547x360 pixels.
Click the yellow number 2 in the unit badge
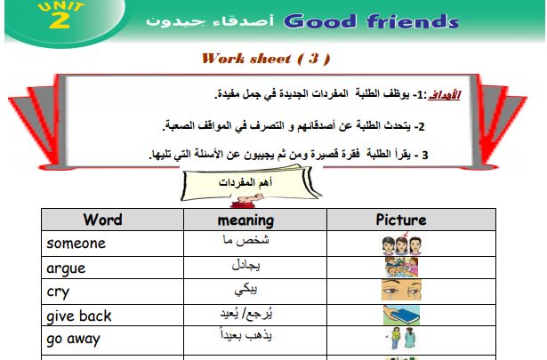(x=60, y=20)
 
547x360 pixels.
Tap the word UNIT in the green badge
(x=61, y=6)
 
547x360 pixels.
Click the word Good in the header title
(x=320, y=21)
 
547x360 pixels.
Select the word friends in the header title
(x=413, y=21)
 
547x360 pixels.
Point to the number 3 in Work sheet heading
(x=314, y=58)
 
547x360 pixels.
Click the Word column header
(x=102, y=220)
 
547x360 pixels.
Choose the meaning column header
(x=245, y=220)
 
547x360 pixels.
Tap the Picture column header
(x=401, y=220)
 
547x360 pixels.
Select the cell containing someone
(x=113, y=244)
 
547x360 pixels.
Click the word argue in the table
(x=66, y=268)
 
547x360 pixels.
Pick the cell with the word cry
(x=113, y=292)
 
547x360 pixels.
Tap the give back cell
(x=113, y=316)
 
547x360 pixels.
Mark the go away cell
(x=113, y=340)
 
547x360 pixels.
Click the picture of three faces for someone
(x=401, y=244)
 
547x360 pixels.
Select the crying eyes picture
(x=401, y=290)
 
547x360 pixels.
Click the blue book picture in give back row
(x=401, y=315)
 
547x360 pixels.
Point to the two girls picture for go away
(x=402, y=338)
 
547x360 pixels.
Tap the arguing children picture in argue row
(x=401, y=268)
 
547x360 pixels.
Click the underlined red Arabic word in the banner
(x=444, y=95)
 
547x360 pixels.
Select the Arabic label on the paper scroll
(x=245, y=182)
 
